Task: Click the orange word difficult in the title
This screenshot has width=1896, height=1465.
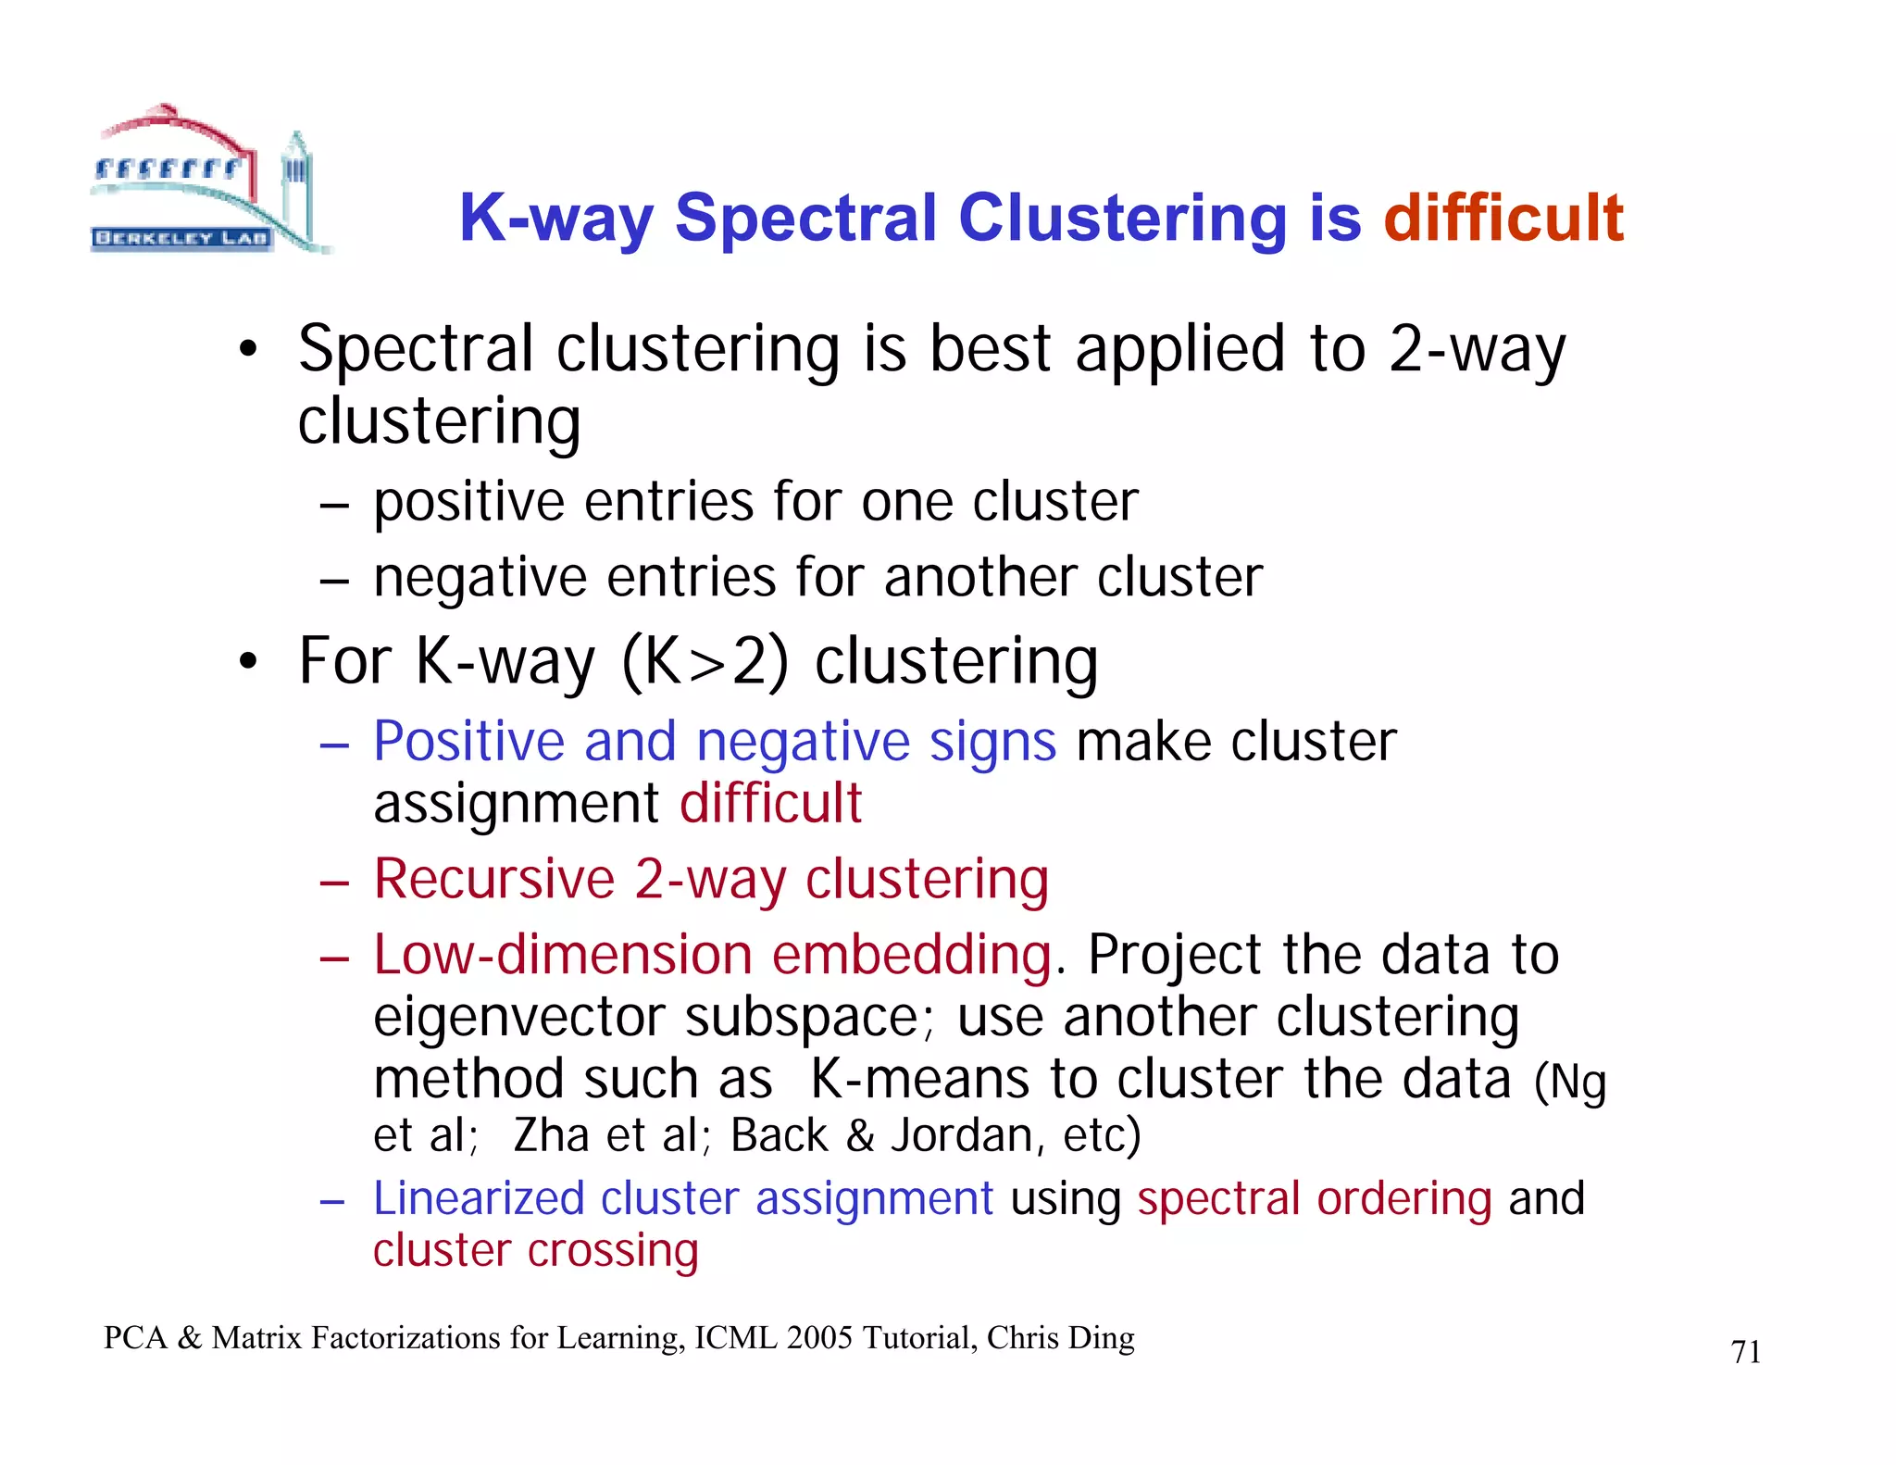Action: pos(1503,219)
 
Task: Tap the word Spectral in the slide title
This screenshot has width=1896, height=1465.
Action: pos(805,219)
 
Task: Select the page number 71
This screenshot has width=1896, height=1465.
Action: pos(1745,1352)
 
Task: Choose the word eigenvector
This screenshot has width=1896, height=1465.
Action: pos(518,1017)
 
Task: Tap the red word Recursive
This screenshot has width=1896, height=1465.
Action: pos(494,879)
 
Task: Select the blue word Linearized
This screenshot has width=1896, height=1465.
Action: pos(479,1198)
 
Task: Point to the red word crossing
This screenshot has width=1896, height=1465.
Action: pos(613,1251)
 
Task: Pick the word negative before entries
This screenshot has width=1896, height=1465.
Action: pos(480,578)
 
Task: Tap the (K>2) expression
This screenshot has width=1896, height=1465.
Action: pos(705,662)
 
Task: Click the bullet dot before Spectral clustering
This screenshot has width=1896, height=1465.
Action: pos(247,351)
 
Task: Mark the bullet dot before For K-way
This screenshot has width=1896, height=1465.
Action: pos(247,662)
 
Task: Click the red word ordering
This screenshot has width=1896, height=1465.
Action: pos(1404,1198)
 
